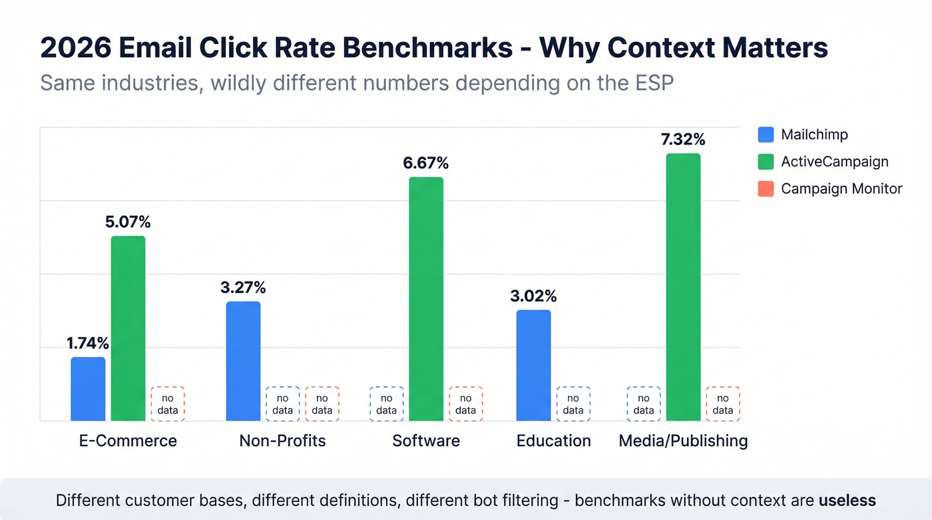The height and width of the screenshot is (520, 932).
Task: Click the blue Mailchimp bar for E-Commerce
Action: pyautogui.click(x=88, y=389)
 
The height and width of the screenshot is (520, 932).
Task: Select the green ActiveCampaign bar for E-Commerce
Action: pyautogui.click(x=128, y=328)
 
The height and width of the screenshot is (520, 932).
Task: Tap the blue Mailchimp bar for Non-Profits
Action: pyautogui.click(x=243, y=361)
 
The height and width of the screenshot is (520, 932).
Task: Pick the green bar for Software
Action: pyautogui.click(x=426, y=299)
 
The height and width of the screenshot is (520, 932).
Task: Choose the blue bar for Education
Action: pyautogui.click(x=533, y=365)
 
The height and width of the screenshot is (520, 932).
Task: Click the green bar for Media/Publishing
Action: pyautogui.click(x=683, y=287)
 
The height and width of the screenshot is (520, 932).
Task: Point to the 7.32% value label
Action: pyautogui.click(x=683, y=140)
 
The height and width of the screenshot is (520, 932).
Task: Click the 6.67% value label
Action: pyautogui.click(x=426, y=163)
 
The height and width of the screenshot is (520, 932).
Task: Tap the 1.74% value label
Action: pyautogui.click(x=88, y=344)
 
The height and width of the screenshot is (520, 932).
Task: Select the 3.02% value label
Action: pyautogui.click(x=533, y=296)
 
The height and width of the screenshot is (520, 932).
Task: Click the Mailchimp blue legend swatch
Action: pyautogui.click(x=766, y=134)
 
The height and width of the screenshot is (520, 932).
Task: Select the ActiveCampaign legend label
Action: pyautogui.click(x=834, y=162)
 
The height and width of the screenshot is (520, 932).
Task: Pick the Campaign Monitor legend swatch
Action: pyautogui.click(x=766, y=189)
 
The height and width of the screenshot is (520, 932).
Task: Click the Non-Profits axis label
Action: pyautogui.click(x=282, y=441)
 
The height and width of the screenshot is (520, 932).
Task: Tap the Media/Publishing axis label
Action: pyautogui.click(x=683, y=441)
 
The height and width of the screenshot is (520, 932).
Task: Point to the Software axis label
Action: pyautogui.click(x=426, y=441)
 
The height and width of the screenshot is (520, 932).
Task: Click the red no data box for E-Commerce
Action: pyautogui.click(x=168, y=404)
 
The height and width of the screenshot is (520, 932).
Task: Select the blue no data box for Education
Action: pyautogui.click(x=573, y=404)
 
